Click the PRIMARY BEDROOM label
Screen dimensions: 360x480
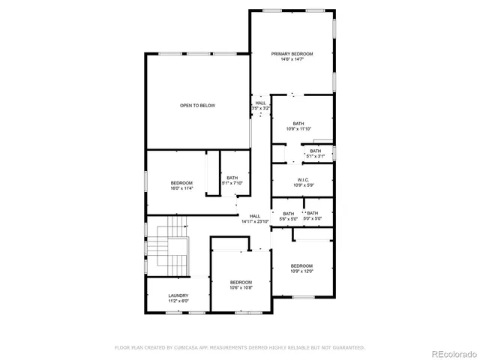pos(292,54)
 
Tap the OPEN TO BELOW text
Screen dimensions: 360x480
pos(197,106)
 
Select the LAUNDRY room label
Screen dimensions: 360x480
pos(178,295)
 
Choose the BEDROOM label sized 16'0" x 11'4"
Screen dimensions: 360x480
pos(181,183)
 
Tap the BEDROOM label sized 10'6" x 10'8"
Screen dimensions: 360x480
pos(241,282)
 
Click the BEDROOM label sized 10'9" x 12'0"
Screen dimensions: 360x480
pos(301,265)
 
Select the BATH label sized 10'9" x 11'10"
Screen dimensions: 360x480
pos(298,124)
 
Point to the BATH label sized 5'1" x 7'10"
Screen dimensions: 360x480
pos(232,178)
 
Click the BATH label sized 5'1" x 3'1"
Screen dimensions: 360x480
pos(316,151)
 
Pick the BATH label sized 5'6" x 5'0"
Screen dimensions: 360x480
pos(288,214)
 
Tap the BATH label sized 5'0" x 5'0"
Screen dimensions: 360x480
pos(311,214)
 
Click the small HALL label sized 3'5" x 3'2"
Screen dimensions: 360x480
pos(260,103)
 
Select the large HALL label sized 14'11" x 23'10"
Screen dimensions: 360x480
pos(255,216)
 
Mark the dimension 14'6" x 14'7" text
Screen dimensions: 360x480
pos(292,59)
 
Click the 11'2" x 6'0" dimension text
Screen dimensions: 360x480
pos(178,301)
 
